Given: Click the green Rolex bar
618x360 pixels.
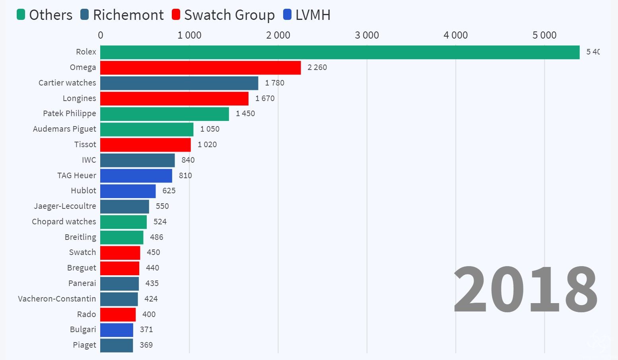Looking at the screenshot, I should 340,53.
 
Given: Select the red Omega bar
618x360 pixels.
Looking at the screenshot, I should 200,68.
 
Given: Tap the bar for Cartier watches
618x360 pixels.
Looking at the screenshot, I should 179,83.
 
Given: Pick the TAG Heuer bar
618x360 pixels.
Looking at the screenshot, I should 136,176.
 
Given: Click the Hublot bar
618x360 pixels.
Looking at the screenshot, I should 128,191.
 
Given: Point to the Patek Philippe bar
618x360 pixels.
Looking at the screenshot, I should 164,114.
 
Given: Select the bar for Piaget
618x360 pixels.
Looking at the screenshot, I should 117,345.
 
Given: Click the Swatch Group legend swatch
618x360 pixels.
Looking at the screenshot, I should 176,15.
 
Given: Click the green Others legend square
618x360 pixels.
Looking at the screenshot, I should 21,15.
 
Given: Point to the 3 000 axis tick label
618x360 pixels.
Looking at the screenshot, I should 367,35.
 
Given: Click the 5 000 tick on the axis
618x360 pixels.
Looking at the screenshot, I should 544,35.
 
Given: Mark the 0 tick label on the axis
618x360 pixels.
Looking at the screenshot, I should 101,35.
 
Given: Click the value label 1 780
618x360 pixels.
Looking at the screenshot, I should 275,83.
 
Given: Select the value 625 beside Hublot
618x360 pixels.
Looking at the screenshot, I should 169,191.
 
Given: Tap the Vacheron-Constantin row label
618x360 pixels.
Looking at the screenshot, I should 57,299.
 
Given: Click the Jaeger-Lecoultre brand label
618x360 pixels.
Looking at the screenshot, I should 65,206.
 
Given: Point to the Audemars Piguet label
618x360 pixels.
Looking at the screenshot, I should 64,129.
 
